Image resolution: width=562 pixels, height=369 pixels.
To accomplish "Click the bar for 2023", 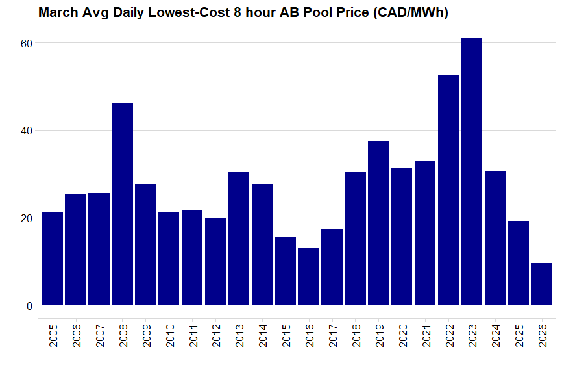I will tap(472, 172).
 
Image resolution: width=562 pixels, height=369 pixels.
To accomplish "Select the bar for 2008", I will tap(122, 204).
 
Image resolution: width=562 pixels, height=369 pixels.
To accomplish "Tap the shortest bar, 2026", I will tap(541, 284).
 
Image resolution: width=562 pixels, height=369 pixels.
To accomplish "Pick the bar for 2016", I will tap(309, 276).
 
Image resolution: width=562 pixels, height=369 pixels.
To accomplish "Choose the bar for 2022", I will tap(448, 190).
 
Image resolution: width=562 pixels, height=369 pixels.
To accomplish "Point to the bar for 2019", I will tap(378, 223).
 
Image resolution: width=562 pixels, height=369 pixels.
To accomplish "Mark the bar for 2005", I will tap(52, 259).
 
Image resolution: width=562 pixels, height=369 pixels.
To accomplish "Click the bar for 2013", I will tap(239, 238).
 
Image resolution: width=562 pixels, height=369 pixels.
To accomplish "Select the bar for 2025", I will tap(519, 262).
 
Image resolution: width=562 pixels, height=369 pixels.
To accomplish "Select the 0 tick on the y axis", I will tap(29, 306).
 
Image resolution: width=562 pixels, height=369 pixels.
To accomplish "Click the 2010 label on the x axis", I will tap(169, 335).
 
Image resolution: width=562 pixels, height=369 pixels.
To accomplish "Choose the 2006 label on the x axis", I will tap(76, 335).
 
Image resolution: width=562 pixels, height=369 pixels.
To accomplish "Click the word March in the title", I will tap(57, 12).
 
